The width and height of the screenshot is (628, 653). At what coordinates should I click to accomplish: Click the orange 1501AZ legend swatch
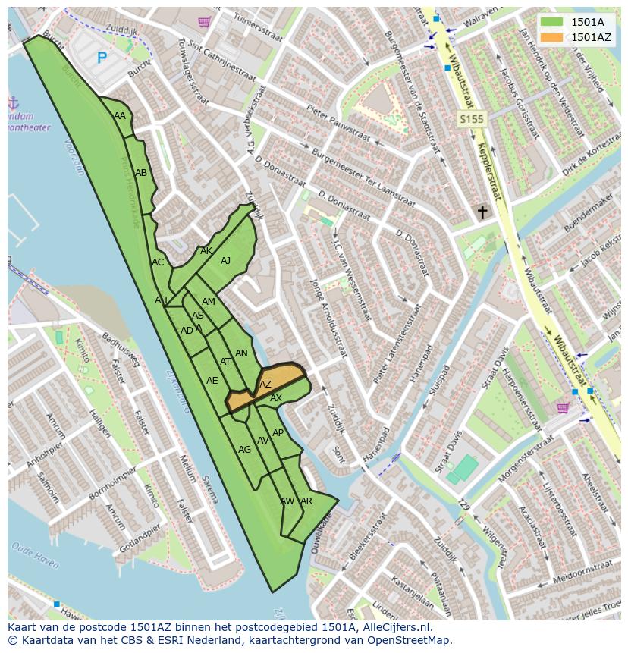[x=552, y=37]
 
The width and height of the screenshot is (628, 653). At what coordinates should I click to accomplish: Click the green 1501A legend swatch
[x=552, y=22]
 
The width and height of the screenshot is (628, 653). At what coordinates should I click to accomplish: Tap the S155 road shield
[x=471, y=119]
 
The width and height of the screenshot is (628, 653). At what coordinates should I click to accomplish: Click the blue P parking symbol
[x=102, y=57]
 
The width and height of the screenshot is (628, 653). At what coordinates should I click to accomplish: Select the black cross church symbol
[x=482, y=212]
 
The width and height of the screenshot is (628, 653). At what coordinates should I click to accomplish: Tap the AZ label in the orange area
[x=265, y=385]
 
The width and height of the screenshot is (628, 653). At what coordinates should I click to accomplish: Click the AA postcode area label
[x=120, y=116]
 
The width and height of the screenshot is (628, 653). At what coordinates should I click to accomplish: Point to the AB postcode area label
[x=141, y=173]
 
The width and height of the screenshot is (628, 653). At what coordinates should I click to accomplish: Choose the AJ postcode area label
[x=225, y=261]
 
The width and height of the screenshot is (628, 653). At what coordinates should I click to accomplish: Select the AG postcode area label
[x=244, y=450]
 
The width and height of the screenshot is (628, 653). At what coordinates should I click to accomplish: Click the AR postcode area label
[x=306, y=501]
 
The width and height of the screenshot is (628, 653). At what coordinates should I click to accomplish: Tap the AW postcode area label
[x=287, y=501]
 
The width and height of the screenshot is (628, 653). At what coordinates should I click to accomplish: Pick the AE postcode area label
[x=212, y=381]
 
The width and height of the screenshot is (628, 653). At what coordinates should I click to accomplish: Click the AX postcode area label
[x=276, y=398]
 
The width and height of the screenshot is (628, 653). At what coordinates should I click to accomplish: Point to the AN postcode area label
[x=241, y=353]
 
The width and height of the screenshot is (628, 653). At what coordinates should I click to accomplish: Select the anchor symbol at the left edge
[x=13, y=102]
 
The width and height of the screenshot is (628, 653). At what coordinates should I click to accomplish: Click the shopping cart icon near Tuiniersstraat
[x=203, y=22]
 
